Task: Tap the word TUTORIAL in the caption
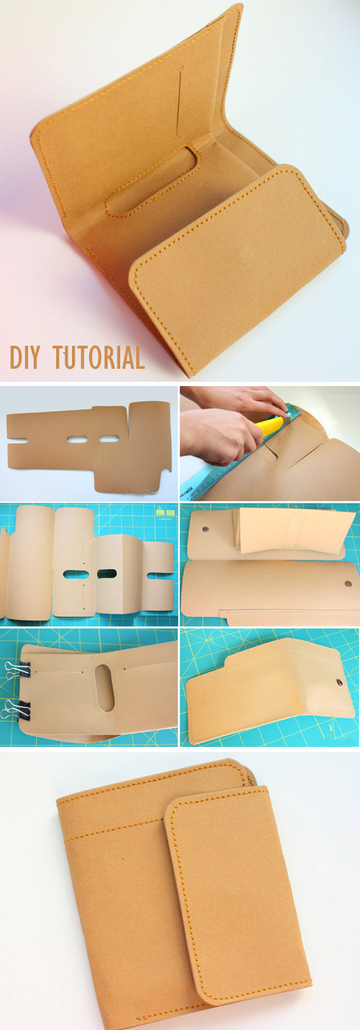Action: (x=99, y=357)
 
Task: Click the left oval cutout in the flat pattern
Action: (x=76, y=439)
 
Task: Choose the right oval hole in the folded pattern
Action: (x=107, y=574)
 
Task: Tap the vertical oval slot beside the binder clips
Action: (x=104, y=687)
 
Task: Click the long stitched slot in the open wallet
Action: (x=152, y=180)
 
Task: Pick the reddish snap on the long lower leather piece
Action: (x=346, y=583)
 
